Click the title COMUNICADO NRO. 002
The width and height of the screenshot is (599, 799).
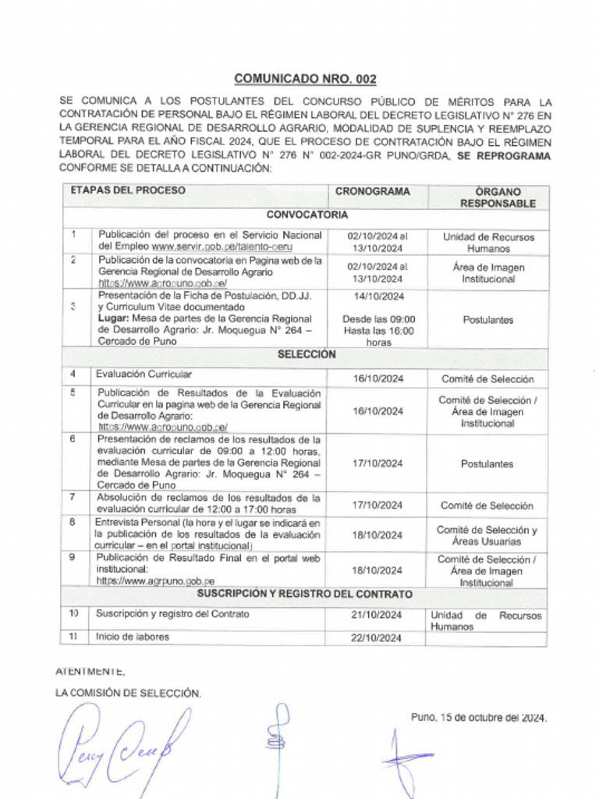(x=305, y=79)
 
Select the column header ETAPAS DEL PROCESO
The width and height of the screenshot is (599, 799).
(x=128, y=191)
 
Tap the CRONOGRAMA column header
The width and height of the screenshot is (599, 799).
(x=372, y=192)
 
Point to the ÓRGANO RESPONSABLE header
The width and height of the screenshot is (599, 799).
(x=498, y=197)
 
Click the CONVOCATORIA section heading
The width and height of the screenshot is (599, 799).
(x=307, y=215)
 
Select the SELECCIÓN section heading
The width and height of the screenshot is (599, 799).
(x=307, y=355)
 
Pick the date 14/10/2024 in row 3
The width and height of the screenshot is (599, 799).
(x=378, y=297)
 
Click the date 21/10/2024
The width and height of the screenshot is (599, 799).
(x=376, y=616)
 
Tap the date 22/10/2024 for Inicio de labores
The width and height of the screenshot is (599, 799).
(x=376, y=638)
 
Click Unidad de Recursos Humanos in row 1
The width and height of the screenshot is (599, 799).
(x=488, y=243)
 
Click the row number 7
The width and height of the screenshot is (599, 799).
(x=73, y=496)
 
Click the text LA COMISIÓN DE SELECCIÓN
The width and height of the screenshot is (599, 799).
(x=129, y=693)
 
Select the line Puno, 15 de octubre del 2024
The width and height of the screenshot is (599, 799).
(x=479, y=718)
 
